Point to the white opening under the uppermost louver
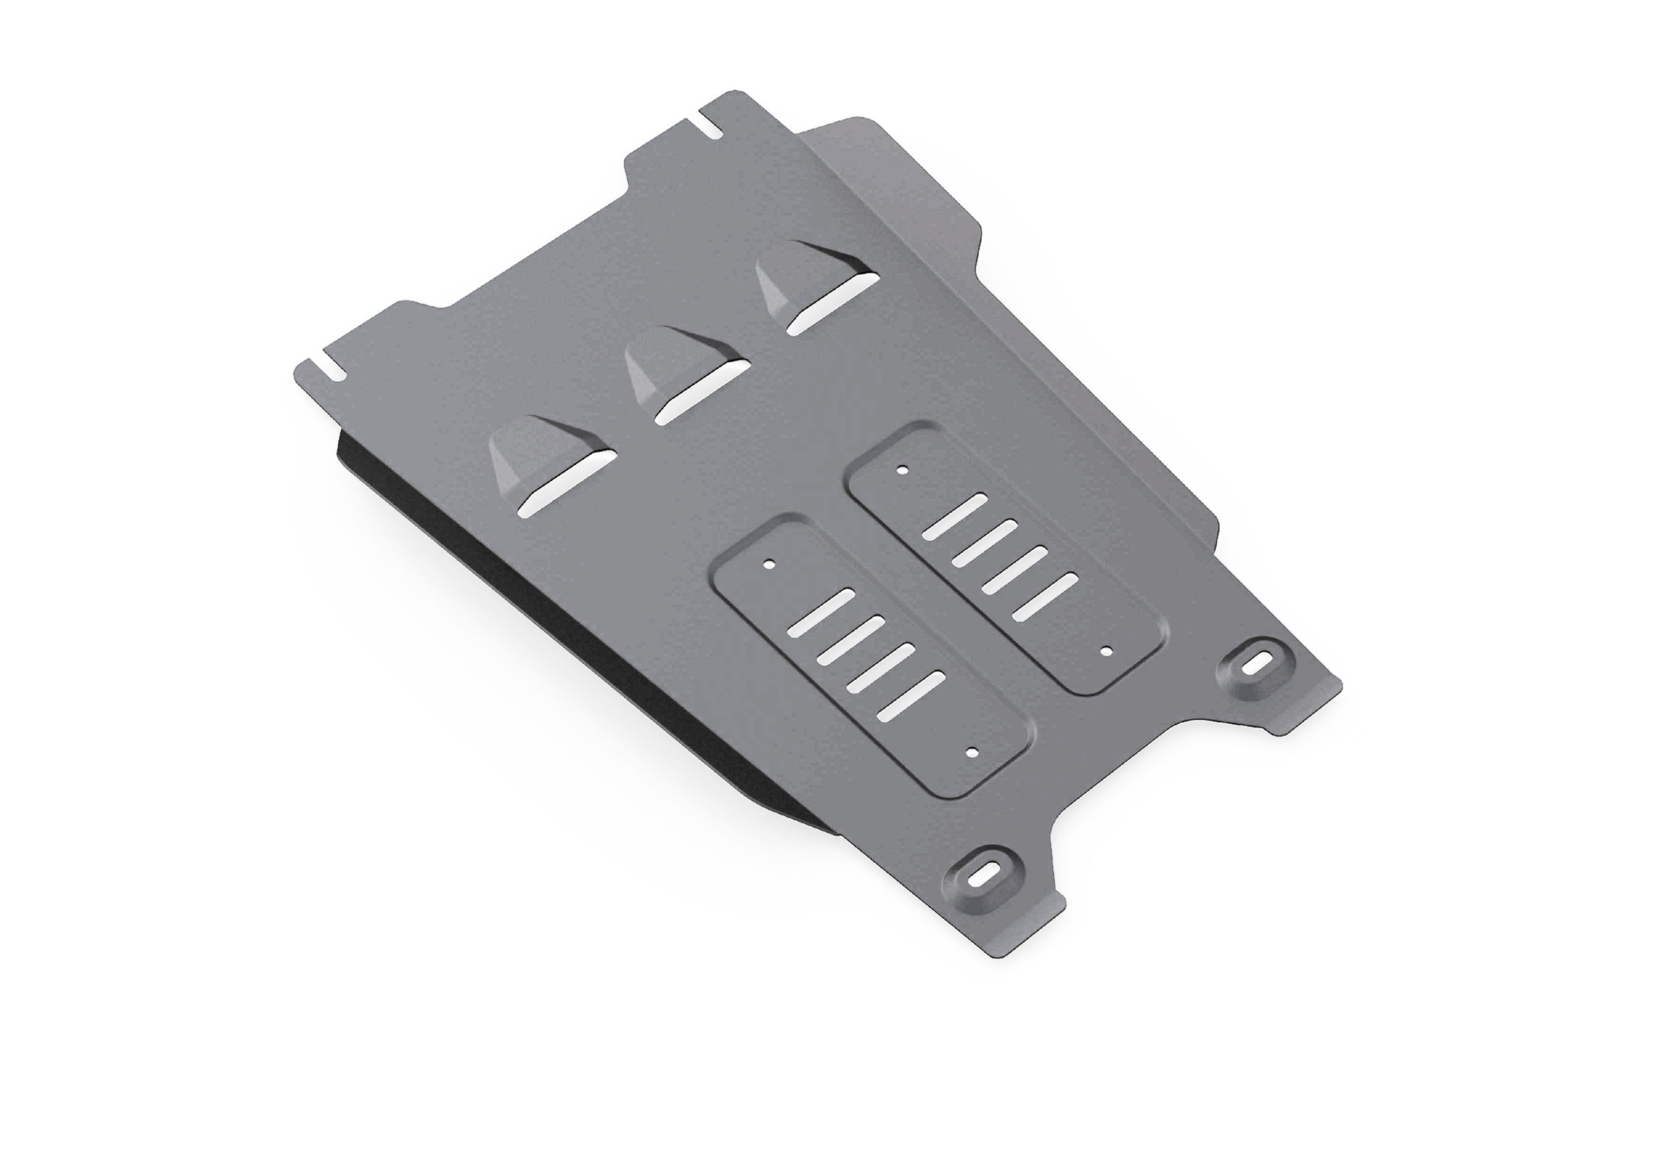coord(832,305)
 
